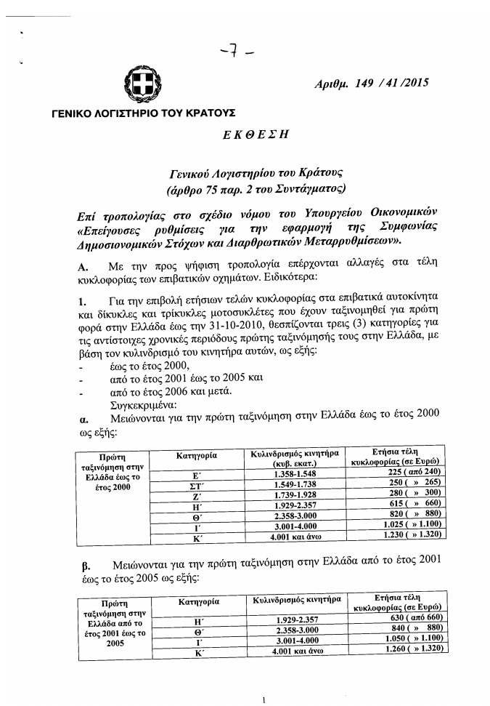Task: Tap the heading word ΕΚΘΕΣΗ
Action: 253,135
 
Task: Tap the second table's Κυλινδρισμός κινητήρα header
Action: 297,601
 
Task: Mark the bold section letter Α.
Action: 81,267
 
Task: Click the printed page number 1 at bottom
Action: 264,699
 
